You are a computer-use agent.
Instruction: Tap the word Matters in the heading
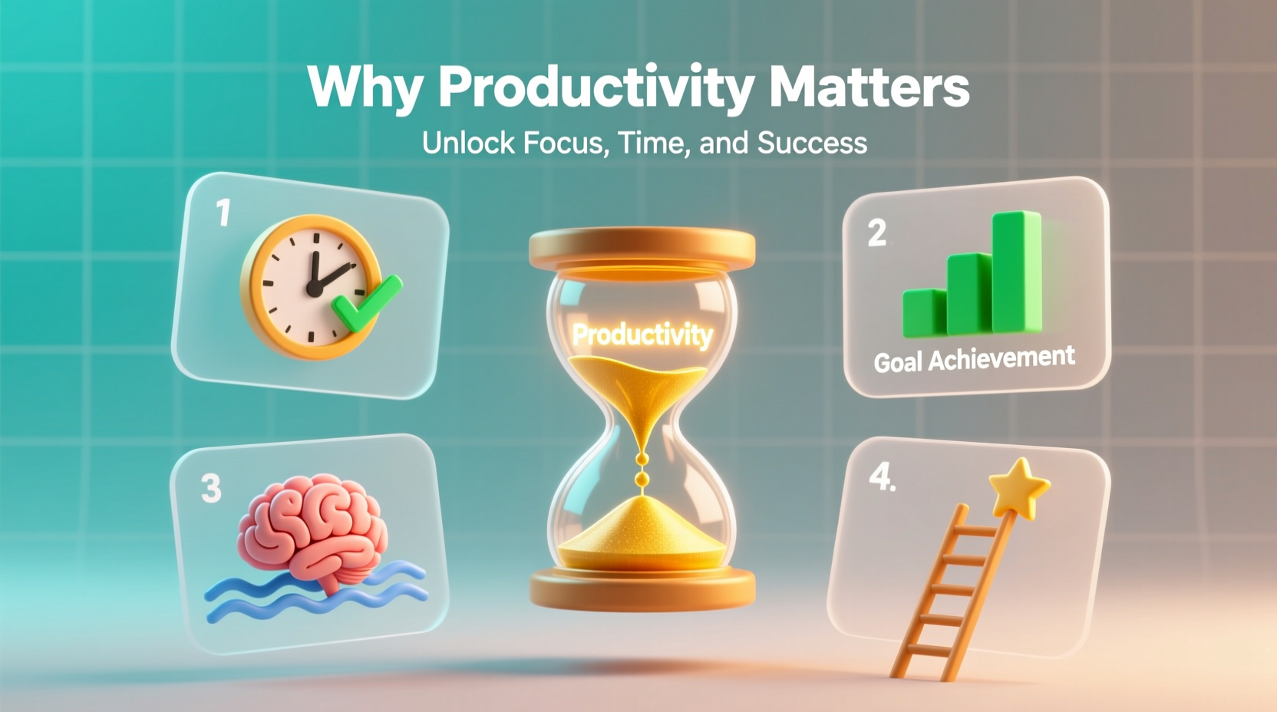[x=869, y=86]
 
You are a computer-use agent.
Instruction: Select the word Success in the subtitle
[x=812, y=143]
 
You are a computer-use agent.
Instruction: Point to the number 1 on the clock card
[x=223, y=213]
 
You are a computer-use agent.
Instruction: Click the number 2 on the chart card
[x=876, y=232]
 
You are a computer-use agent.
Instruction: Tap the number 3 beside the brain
[x=211, y=488]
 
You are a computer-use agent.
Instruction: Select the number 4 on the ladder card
[x=880, y=477]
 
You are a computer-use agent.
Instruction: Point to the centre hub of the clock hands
[x=313, y=288]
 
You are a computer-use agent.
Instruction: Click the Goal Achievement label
[x=974, y=358]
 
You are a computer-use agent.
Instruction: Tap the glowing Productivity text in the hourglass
[x=642, y=335]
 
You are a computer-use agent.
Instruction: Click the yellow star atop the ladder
[x=1018, y=486]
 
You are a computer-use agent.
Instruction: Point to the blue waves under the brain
[x=315, y=595]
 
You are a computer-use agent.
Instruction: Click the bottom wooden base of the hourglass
[x=642, y=589]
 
